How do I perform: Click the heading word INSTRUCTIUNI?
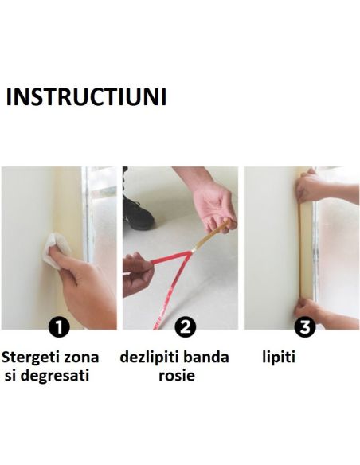point(86,97)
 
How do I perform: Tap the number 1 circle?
point(58,326)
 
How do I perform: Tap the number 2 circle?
point(184,326)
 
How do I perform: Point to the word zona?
point(86,357)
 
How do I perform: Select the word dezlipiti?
point(151,357)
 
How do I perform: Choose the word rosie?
point(178,375)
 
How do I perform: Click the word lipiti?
point(279,357)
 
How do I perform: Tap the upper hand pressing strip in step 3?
point(315,190)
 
